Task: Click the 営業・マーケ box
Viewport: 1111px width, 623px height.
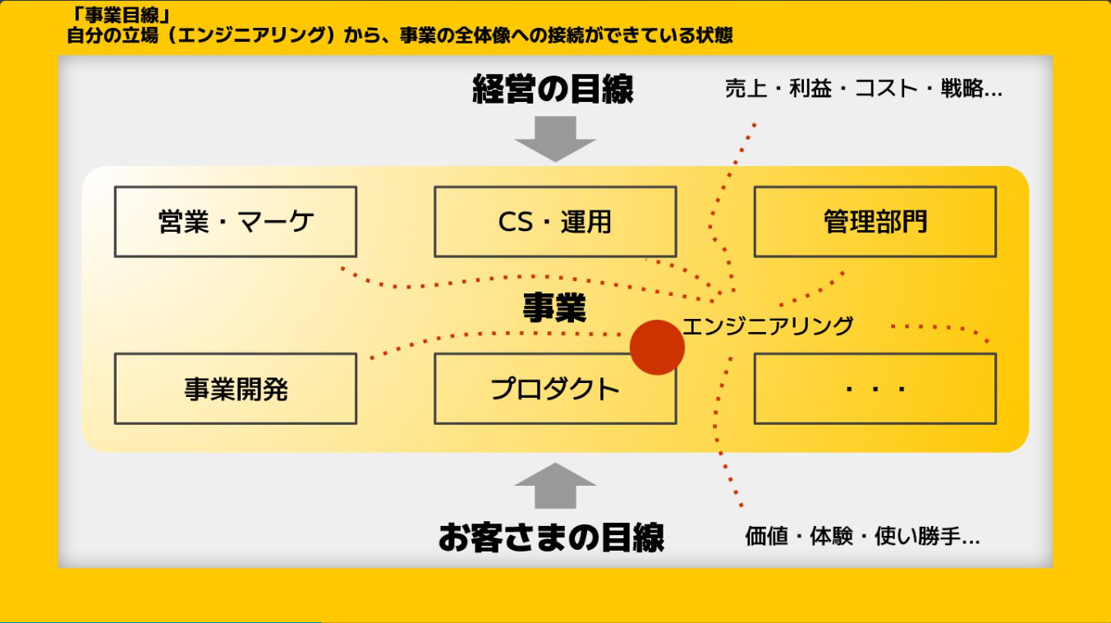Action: [236, 222]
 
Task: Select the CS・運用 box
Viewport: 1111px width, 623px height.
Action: [555, 222]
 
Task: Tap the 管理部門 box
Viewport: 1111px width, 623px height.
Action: [875, 222]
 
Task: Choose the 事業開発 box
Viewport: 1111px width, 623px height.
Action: [236, 389]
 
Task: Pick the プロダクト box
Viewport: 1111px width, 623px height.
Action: [555, 389]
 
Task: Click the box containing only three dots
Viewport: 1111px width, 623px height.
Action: [875, 389]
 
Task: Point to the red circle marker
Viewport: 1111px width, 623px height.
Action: [657, 348]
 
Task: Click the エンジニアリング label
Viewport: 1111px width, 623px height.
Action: [768, 326]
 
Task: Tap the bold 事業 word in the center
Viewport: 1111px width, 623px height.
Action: [555, 308]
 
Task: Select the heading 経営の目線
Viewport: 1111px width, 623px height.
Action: [553, 90]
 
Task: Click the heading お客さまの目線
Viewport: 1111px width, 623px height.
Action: [551, 538]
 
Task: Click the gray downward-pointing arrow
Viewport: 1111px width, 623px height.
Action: [555, 138]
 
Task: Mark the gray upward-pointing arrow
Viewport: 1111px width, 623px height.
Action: [555, 486]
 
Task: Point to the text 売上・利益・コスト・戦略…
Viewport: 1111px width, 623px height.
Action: [863, 90]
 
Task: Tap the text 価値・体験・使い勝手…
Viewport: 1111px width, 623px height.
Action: [862, 538]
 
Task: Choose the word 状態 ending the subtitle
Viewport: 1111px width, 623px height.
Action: [714, 36]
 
